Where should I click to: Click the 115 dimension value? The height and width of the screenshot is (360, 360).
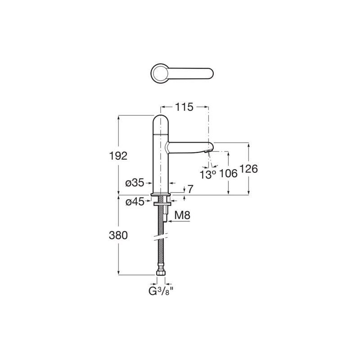tap(184, 107)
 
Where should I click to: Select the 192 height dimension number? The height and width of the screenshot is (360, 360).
tap(118, 156)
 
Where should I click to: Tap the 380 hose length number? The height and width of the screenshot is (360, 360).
tap(118, 235)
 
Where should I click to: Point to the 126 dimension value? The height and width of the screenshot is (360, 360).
tap(249, 169)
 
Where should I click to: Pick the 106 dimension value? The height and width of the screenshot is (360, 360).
tap(228, 174)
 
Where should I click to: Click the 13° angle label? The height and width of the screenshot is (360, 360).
tap(208, 175)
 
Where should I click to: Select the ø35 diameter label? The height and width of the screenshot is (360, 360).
tap(135, 183)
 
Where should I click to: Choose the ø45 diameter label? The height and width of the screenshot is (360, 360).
tap(135, 202)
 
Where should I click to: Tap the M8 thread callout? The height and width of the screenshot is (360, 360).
tap(182, 216)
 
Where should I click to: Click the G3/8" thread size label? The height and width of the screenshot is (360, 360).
tap(161, 291)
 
